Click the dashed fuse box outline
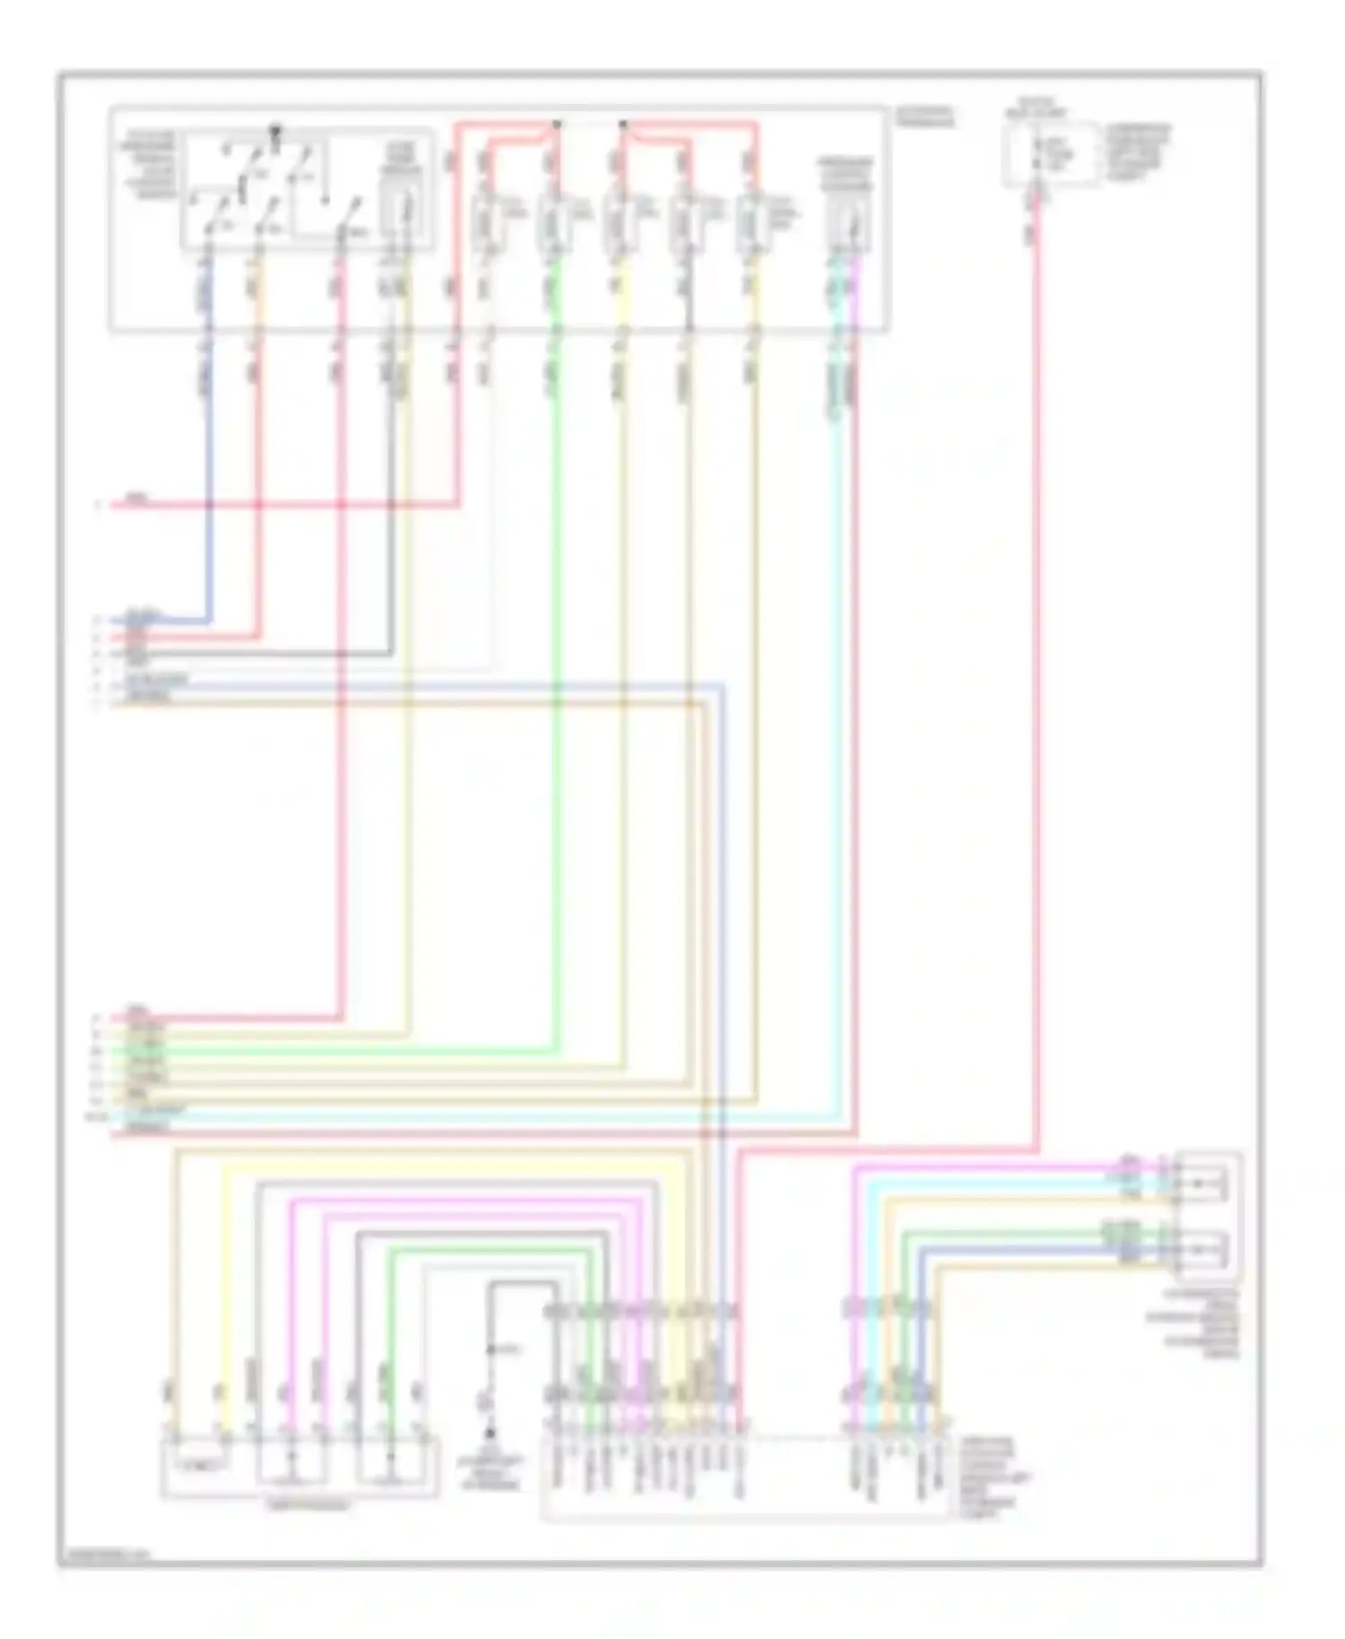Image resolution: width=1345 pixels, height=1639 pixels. [x=1052, y=155]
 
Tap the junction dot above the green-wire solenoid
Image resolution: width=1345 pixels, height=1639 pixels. [x=556, y=124]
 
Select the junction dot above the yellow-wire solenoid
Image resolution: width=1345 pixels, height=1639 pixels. [x=623, y=124]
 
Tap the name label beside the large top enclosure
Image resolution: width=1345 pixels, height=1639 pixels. [x=924, y=117]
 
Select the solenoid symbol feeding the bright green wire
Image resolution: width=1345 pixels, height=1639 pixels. [x=550, y=221]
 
